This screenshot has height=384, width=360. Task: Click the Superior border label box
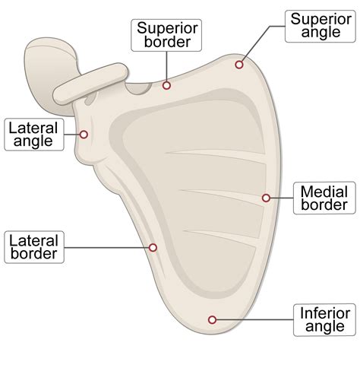coord(167,35)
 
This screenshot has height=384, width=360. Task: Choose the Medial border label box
coord(324,198)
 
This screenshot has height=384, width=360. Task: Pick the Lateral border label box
coord(33,247)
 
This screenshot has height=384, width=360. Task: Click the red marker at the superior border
coord(167,85)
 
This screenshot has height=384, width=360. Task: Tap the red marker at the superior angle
coord(239,65)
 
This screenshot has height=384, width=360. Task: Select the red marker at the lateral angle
coord(84,135)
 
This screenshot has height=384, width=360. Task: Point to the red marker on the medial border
coord(267,198)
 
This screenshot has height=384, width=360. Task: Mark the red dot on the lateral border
coord(153,247)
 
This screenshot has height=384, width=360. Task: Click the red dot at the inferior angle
coord(212,320)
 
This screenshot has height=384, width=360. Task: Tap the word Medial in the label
coord(324,191)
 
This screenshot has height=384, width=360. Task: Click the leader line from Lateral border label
coord(106,247)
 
